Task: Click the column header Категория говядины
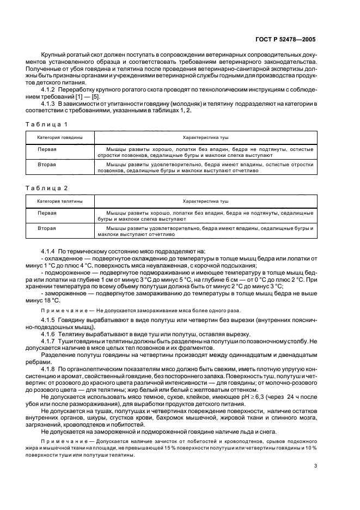pos(60,138)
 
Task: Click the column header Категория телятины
pos(60,201)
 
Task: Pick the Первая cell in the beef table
pos(47,148)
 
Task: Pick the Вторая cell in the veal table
pos(47,228)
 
